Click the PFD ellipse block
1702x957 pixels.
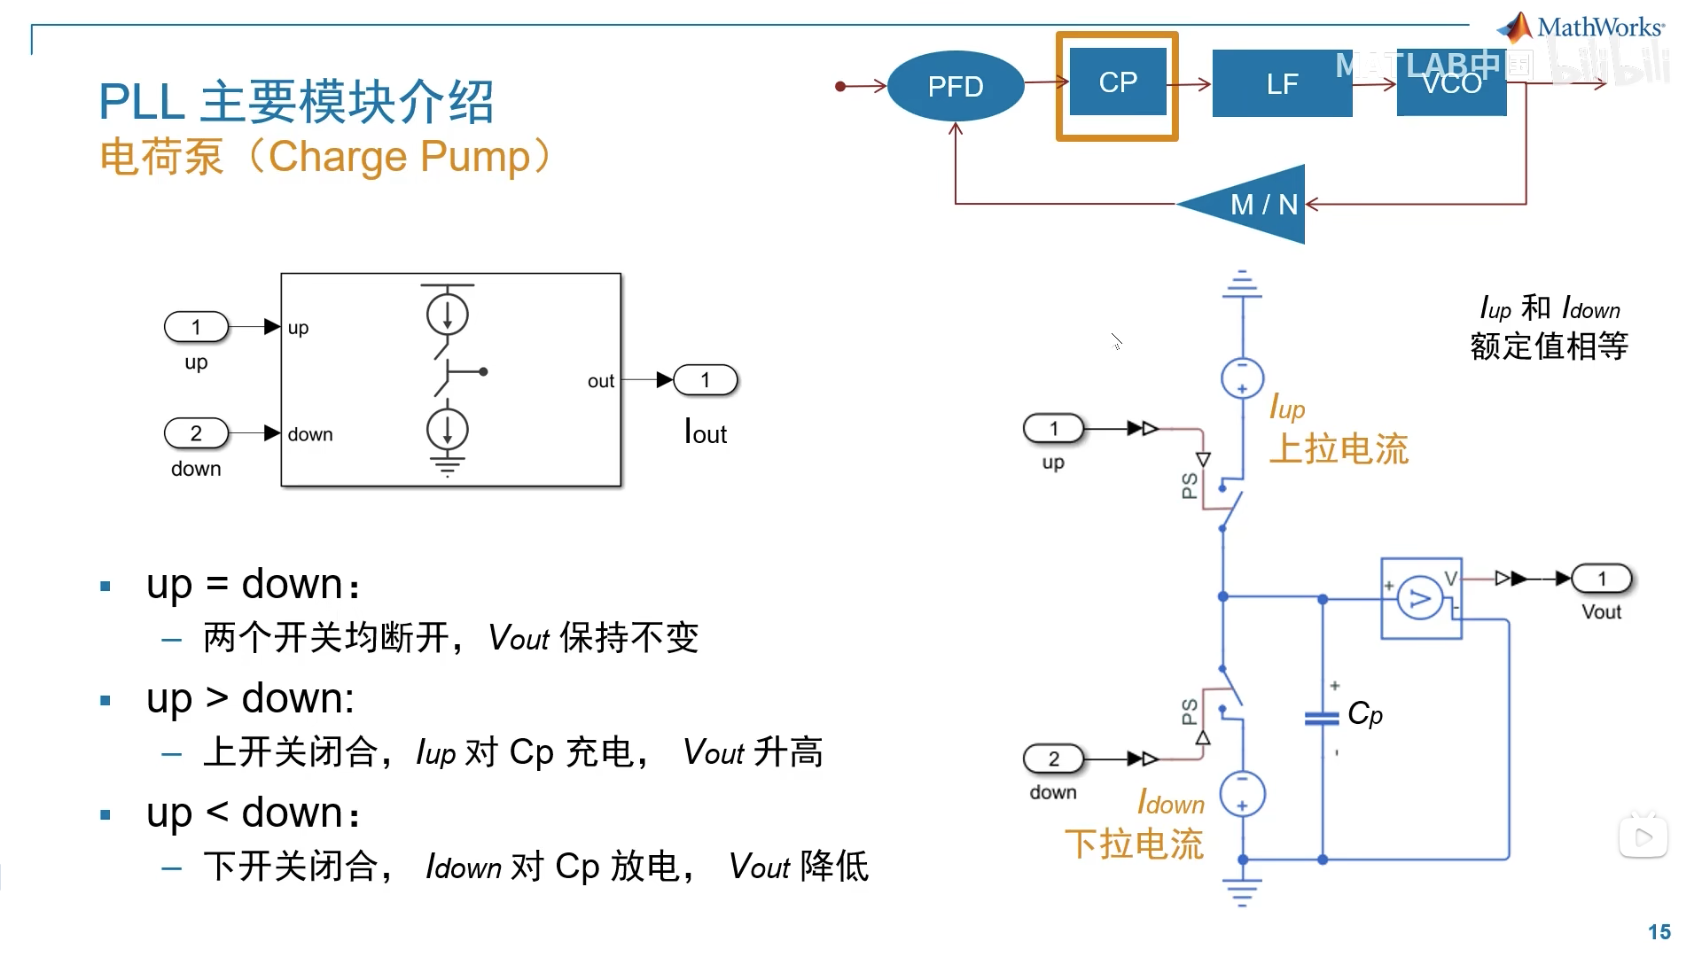coord(955,86)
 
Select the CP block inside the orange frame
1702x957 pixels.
coord(1117,82)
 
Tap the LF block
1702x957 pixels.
coord(1281,84)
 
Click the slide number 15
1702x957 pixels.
coord(1659,931)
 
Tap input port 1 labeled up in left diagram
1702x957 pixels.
coord(196,327)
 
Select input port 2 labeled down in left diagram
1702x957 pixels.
coord(196,433)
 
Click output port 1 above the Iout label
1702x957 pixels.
coord(705,380)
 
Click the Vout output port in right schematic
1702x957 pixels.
coord(1601,579)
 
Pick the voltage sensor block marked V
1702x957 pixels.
coord(1420,599)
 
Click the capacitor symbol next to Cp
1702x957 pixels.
coord(1322,718)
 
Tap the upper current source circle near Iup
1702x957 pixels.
coord(1242,378)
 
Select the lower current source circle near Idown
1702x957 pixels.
coord(1242,794)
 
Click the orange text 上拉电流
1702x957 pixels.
coord(1339,449)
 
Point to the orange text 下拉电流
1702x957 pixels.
coord(1134,844)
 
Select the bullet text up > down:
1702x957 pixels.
coord(251,698)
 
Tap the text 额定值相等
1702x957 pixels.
coord(1549,346)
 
